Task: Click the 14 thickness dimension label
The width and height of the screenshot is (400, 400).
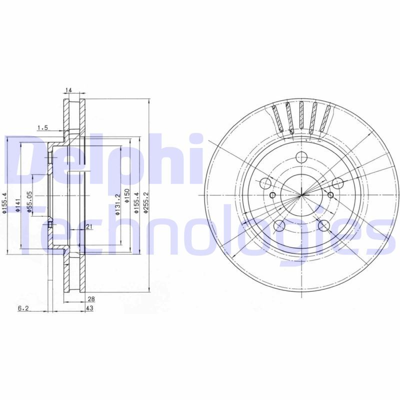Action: pyautogui.click(x=69, y=90)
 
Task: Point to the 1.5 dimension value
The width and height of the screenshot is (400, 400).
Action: pyautogui.click(x=42, y=128)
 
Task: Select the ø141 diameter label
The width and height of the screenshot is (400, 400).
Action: pyautogui.click(x=17, y=204)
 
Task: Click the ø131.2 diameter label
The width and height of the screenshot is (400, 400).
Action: pyautogui.click(x=117, y=205)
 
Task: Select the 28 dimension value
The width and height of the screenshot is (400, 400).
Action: pyautogui.click(x=90, y=299)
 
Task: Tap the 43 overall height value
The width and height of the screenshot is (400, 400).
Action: pyautogui.click(x=90, y=308)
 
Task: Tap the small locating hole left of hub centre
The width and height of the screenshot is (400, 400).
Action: pyautogui.click(x=272, y=194)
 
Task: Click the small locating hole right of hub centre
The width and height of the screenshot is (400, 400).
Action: pyautogui.click(x=330, y=194)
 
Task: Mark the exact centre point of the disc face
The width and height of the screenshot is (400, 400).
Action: pyautogui.click(x=302, y=194)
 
